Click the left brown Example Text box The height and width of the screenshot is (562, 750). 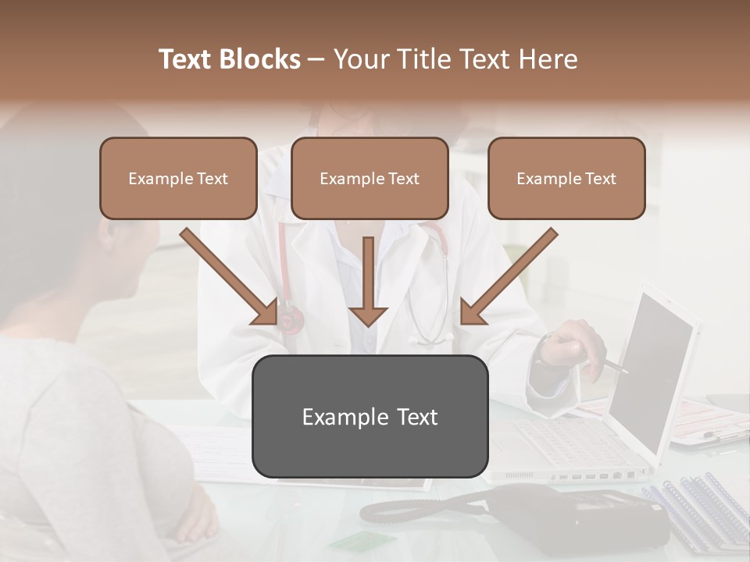[178, 178]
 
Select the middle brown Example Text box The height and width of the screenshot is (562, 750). [370, 178]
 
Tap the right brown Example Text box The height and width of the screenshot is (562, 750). [566, 178]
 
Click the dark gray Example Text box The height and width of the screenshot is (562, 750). [370, 416]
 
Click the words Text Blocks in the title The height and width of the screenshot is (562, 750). [230, 59]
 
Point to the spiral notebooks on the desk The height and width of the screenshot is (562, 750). [695, 507]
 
